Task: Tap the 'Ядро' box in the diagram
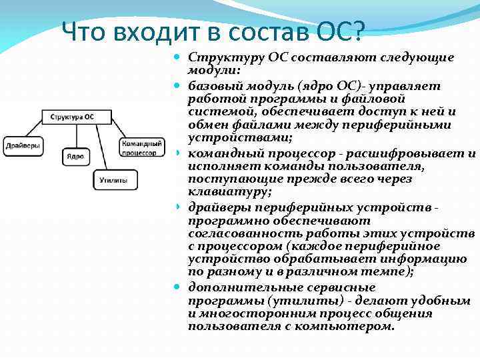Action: [x=75, y=156]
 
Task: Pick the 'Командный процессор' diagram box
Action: [x=142, y=147]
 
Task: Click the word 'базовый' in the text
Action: [x=212, y=87]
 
